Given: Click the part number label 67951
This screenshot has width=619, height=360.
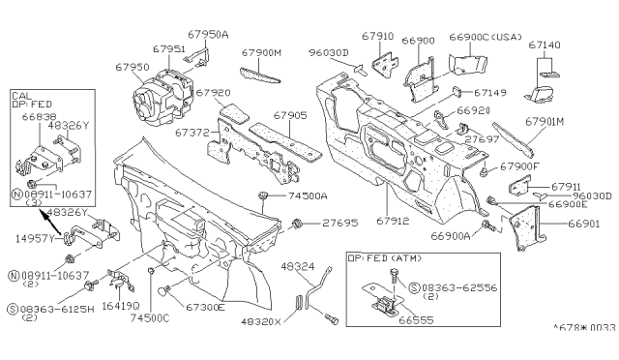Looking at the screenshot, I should coord(167,49).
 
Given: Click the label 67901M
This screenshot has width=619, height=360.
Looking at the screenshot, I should coord(546,122).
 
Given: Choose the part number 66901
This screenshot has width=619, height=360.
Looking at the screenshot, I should coord(564,222).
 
